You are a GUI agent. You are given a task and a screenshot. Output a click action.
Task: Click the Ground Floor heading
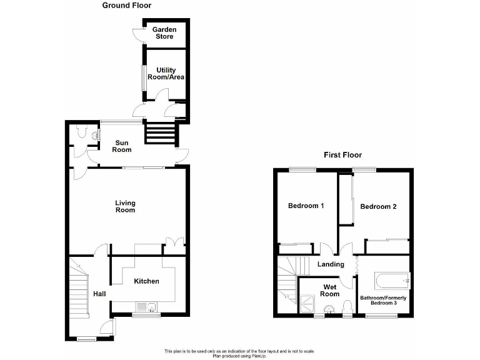tap(127, 6)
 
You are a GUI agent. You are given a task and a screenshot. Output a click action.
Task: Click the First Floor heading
tap(342, 155)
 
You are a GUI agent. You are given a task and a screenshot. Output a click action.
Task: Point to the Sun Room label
tap(122, 146)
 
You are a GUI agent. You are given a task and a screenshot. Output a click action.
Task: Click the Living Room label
tap(125, 206)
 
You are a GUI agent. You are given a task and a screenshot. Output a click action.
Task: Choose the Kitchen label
tap(147, 281)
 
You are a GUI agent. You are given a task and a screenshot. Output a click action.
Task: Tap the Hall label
tap(99, 293)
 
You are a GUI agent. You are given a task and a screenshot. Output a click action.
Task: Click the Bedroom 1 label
tap(305, 206)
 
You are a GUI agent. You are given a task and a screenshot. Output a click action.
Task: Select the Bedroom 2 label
tap(379, 206)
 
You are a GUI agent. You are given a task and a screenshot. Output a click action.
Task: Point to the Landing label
tap(331, 264)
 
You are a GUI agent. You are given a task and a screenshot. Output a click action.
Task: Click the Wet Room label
tap(331, 291)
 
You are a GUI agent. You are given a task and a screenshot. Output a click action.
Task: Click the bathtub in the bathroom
tap(385, 280)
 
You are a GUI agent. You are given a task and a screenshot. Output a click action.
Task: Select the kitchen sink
tap(146, 306)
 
